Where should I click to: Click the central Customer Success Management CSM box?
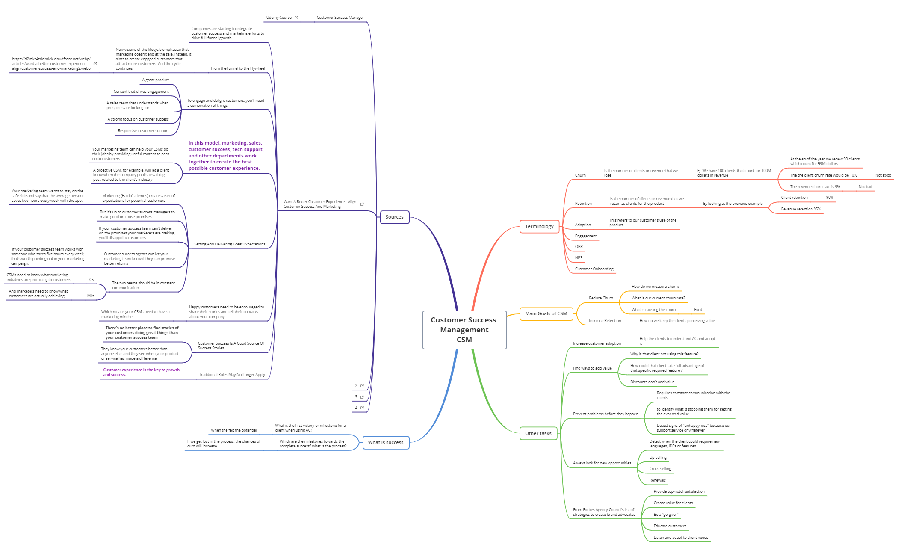point(464,330)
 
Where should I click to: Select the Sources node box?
point(394,217)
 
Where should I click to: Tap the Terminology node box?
point(539,226)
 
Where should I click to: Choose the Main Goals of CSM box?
point(546,313)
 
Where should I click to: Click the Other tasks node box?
point(538,433)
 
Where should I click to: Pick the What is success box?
point(385,442)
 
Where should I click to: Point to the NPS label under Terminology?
point(579,258)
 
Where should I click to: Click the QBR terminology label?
point(579,247)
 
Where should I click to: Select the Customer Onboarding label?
point(594,269)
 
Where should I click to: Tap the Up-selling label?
point(658,458)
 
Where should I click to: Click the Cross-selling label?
point(660,469)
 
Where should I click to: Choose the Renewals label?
point(657,480)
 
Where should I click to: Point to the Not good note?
point(883,175)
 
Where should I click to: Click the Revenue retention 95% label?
point(801,209)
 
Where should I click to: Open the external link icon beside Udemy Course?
point(296,18)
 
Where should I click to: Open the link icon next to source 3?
point(362,397)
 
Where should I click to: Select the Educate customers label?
point(670,526)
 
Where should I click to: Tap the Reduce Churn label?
point(600,298)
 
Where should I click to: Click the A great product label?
point(155,80)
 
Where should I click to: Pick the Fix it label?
point(698,310)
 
